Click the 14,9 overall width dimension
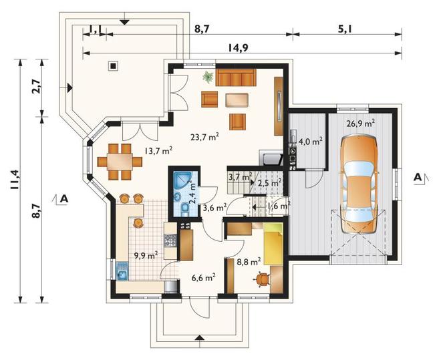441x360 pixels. pos(238,48)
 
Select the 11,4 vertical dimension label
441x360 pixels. pos(15,180)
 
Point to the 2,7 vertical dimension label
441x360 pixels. pos(37,87)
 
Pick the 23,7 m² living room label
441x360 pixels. pos(204,137)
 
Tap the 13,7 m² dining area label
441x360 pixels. pos(158,151)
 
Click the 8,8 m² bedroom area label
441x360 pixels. pos(249,262)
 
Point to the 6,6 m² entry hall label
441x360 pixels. pos(204,278)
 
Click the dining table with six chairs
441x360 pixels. pos(120,162)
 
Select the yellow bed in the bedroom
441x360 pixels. pos(273,244)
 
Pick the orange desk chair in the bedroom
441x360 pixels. pos(262,280)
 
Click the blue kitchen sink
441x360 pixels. pos(122,271)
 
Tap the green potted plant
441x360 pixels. pos(208,77)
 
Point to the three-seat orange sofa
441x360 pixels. pos(236,77)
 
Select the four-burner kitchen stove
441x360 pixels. pos(170,240)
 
